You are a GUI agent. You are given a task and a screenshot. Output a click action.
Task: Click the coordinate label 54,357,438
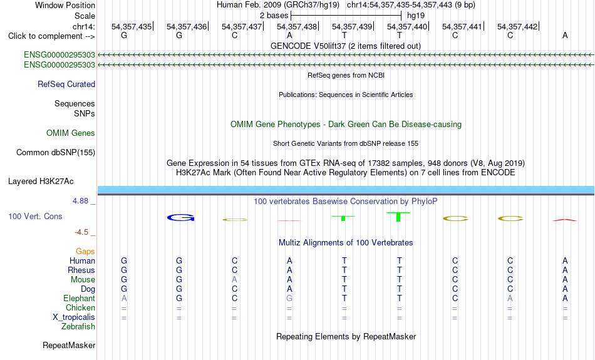(297, 26)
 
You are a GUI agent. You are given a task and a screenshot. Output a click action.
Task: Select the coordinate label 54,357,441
(462, 26)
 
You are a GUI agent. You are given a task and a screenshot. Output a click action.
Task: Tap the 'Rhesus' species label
(81, 270)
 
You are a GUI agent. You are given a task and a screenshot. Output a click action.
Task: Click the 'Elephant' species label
(79, 298)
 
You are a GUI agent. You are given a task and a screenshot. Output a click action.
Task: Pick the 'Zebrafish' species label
(78, 326)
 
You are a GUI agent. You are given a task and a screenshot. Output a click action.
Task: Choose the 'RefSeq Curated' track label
(66, 85)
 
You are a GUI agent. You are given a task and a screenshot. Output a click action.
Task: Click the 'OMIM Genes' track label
(71, 133)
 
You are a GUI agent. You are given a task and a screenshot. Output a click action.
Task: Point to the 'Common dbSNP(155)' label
(56, 153)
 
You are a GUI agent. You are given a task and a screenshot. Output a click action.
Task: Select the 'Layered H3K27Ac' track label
(41, 182)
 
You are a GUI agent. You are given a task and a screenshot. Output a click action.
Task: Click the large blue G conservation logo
(180, 218)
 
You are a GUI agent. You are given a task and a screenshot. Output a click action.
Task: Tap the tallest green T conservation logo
(398, 217)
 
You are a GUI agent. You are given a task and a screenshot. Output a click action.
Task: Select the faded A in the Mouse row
(234, 280)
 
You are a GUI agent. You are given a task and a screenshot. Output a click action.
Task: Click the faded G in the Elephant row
(289, 298)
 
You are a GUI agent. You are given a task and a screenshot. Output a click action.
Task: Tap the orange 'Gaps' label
(85, 252)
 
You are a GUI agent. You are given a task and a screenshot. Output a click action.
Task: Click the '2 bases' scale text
(274, 16)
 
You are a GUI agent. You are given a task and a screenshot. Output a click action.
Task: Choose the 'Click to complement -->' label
(51, 36)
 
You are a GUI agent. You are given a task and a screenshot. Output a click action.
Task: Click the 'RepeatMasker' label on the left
(69, 345)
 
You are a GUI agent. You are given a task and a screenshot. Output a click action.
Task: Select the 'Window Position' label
(65, 5)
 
